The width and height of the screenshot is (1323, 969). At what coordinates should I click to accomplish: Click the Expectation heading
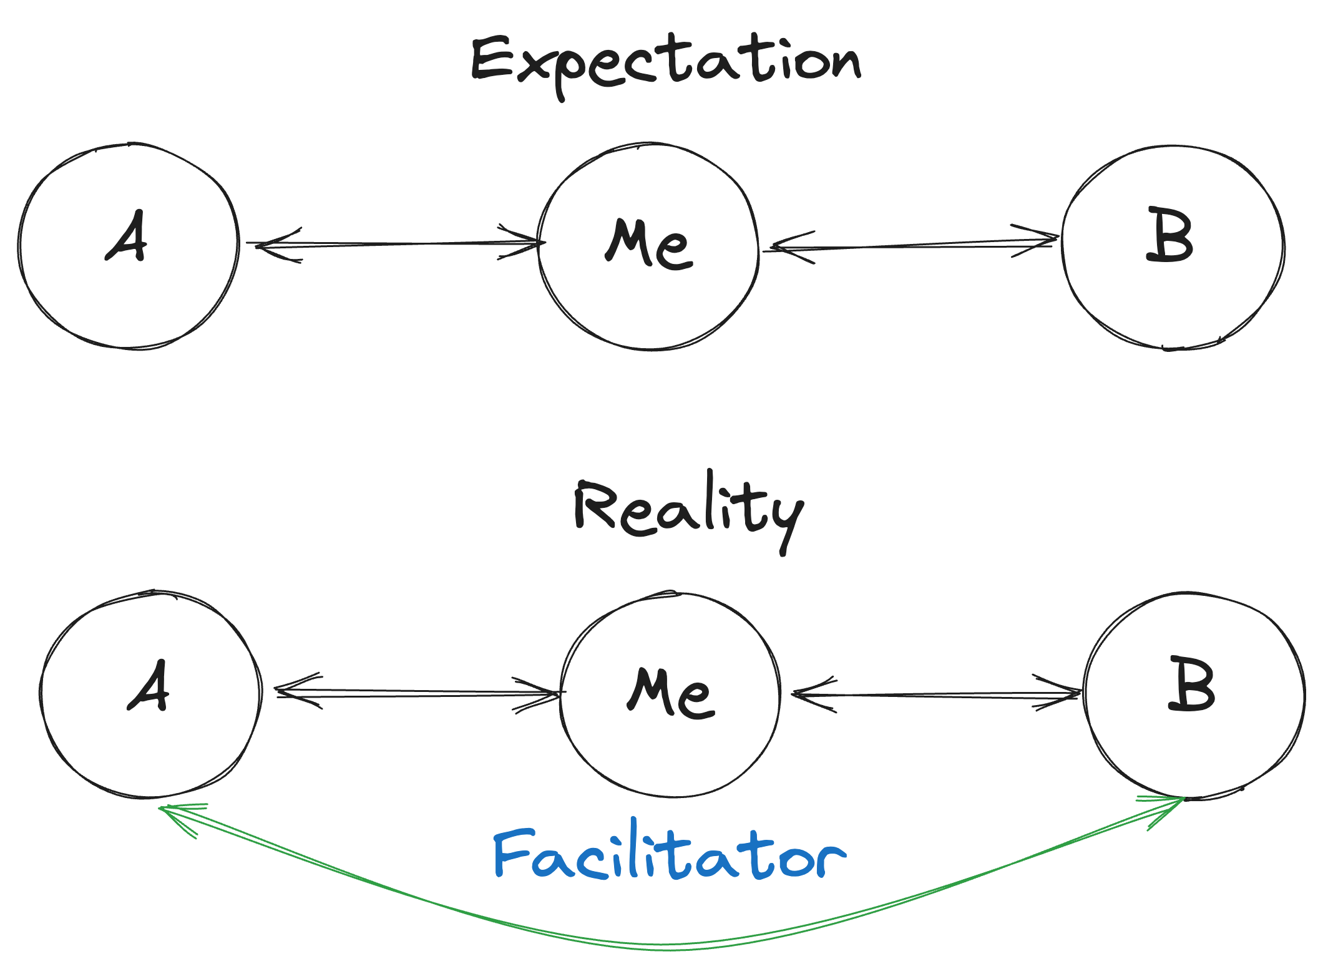coord(665,62)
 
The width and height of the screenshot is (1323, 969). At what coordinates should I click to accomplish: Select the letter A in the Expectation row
coord(127,236)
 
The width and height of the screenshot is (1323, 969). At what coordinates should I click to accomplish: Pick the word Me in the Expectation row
coord(649,245)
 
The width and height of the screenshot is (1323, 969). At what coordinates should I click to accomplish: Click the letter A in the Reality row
coord(149,686)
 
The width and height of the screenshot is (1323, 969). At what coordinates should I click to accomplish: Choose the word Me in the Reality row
coord(671,692)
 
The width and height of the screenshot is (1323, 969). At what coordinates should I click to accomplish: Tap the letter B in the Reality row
coord(1191,684)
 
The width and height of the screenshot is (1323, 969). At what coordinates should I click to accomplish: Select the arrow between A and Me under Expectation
coord(399,244)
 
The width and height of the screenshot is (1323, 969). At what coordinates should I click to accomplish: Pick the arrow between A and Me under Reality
coord(418,693)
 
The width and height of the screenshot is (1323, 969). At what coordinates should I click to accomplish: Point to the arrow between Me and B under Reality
coord(936,694)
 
